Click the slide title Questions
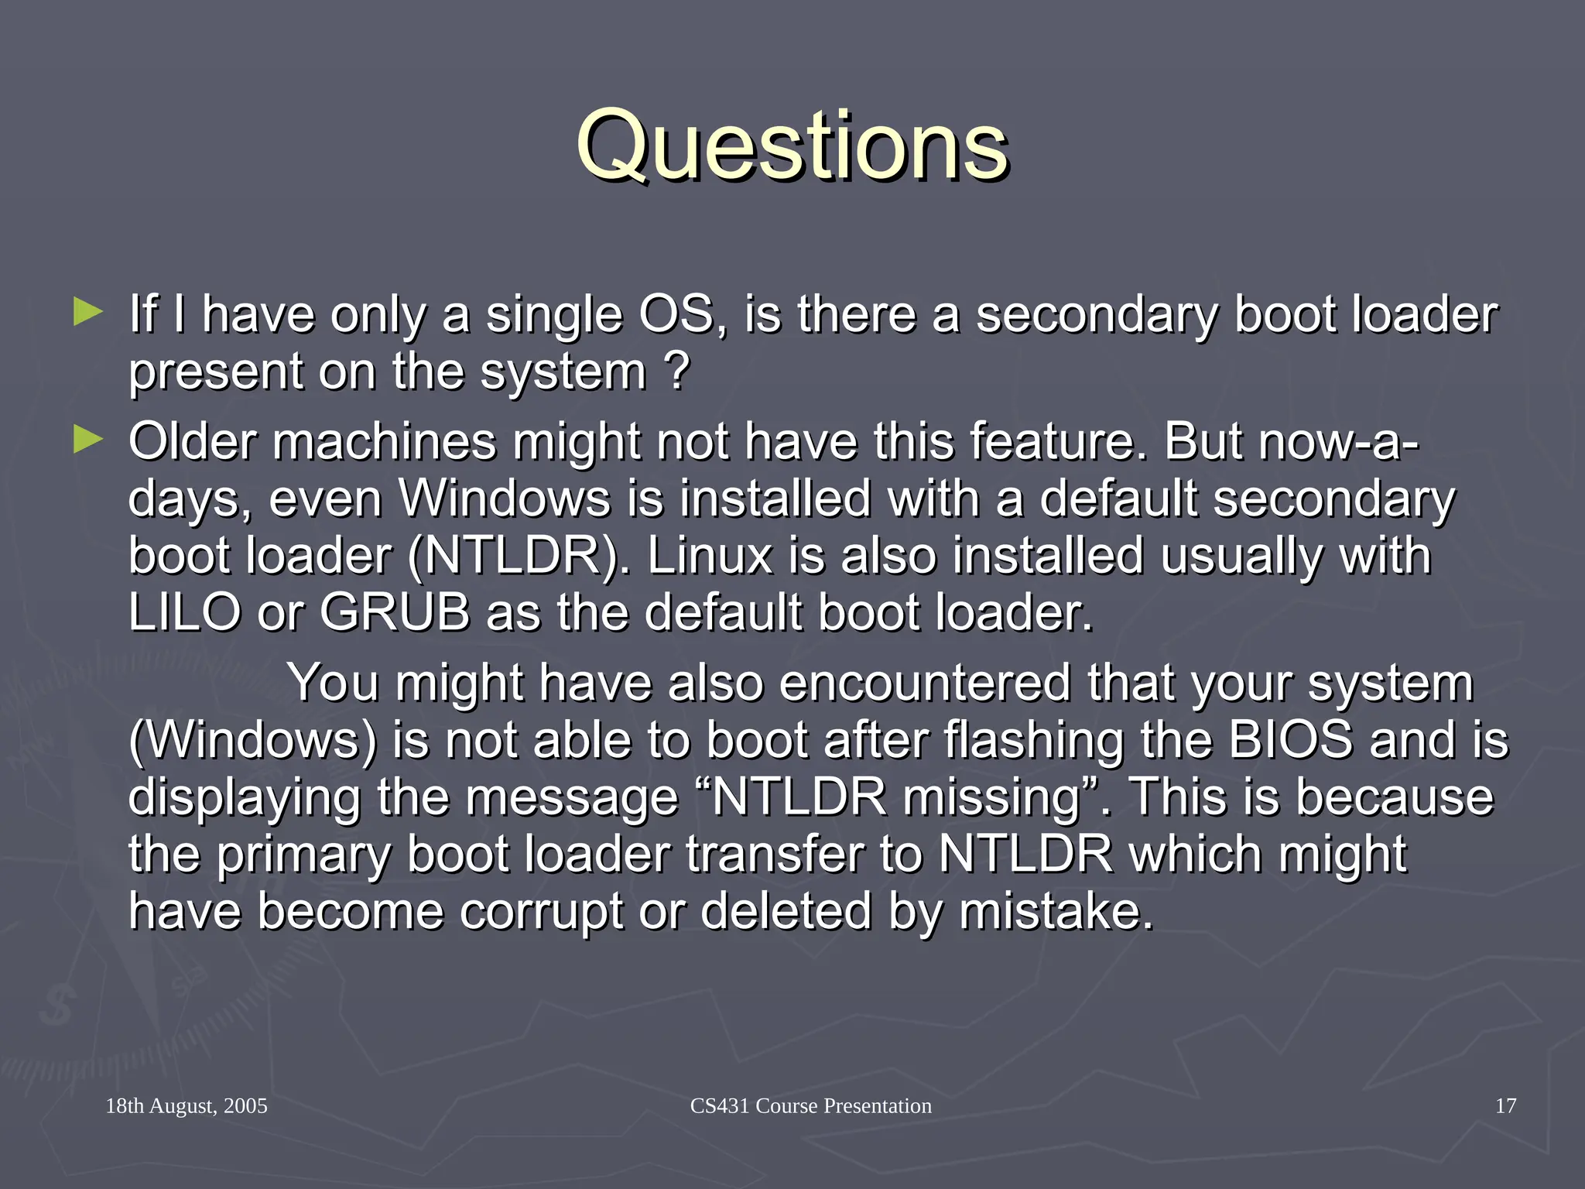pos(792,146)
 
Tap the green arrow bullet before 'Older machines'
pos(87,440)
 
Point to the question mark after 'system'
pos(676,372)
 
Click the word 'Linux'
pos(710,556)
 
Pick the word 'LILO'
pos(184,612)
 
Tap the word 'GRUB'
pos(395,612)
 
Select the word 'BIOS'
pos(1290,739)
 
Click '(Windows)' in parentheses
pos(252,740)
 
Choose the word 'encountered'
pos(924,683)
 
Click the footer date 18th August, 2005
pos(187,1105)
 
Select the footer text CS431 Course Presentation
pos(810,1105)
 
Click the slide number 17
pos(1505,1105)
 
